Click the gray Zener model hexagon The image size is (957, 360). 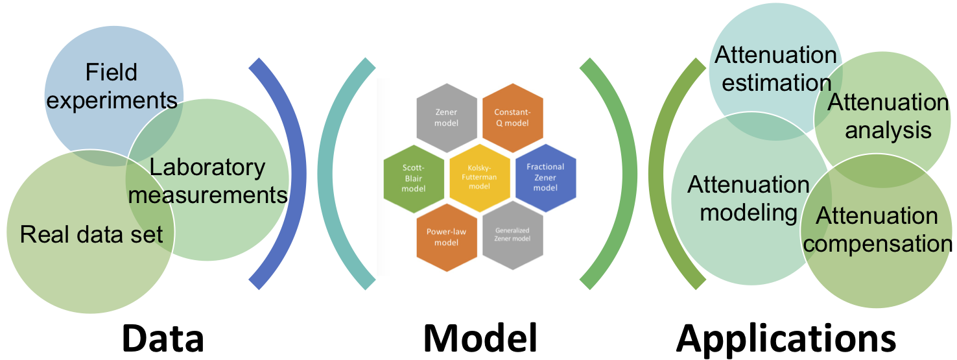[447, 117]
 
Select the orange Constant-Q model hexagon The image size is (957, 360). [512, 117]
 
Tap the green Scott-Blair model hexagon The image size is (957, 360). [414, 177]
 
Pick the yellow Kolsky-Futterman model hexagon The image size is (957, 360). [479, 177]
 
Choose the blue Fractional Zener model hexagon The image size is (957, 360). [545, 177]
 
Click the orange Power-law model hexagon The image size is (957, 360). [447, 236]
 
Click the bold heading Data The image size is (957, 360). [162, 337]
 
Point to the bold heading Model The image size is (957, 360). [480, 337]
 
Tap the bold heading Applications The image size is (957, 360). [786, 337]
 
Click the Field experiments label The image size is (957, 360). [112, 86]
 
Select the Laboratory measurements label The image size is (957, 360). [207, 180]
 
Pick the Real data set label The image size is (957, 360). [91, 234]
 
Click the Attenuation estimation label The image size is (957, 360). [775, 69]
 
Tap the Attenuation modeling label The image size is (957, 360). [748, 198]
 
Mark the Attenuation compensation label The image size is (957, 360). [877, 230]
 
